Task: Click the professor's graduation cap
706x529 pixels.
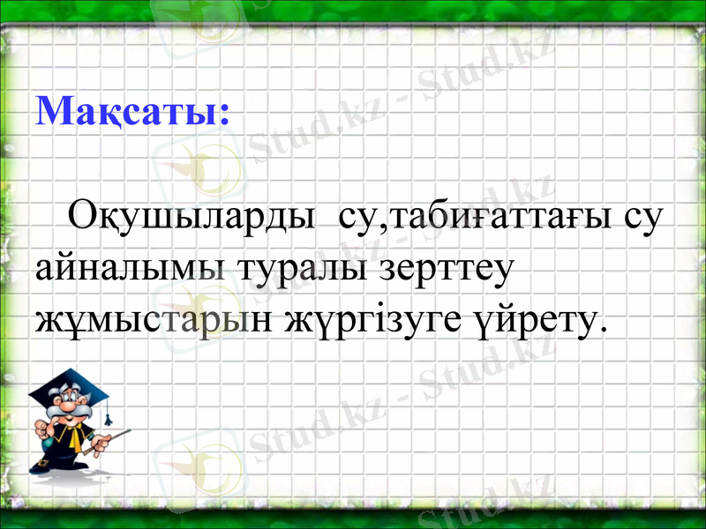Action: click(x=71, y=387)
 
